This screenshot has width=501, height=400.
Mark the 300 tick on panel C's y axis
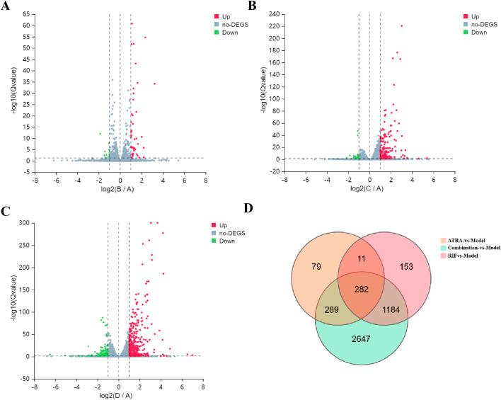click(23, 223)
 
